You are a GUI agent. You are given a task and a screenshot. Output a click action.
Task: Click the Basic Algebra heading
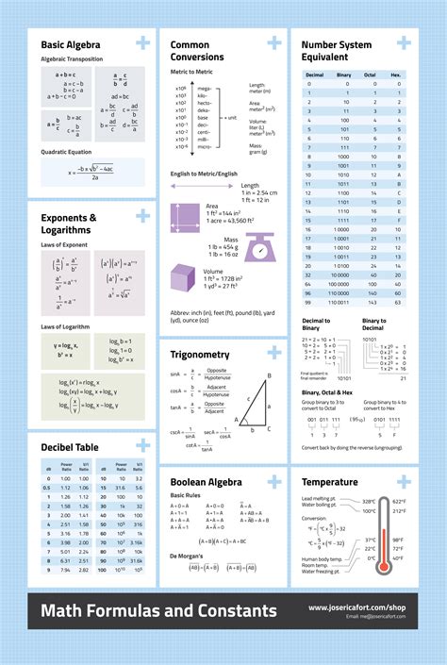(x=71, y=43)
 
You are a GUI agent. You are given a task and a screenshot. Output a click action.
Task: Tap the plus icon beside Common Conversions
(x=273, y=42)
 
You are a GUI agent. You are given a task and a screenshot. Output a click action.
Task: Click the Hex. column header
(x=396, y=74)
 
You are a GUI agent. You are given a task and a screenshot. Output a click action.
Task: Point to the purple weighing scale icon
(x=259, y=247)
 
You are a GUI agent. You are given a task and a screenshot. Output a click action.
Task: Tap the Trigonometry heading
(x=200, y=355)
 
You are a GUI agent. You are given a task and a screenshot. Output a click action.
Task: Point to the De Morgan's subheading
(x=189, y=557)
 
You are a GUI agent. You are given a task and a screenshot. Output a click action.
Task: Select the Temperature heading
(x=329, y=482)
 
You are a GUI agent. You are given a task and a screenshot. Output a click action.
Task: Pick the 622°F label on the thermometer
(x=399, y=502)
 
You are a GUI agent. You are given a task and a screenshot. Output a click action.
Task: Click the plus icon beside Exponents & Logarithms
(x=142, y=216)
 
